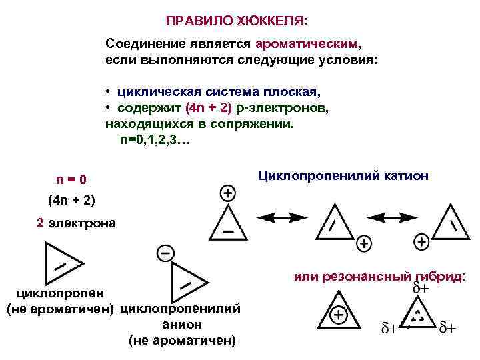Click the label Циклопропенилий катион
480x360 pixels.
point(343,176)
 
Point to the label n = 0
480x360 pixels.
point(71,180)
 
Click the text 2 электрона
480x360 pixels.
point(76,223)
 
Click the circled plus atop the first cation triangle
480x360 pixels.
point(227,193)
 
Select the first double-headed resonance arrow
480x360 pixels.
point(279,217)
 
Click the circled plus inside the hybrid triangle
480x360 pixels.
point(339,315)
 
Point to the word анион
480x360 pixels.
point(182,325)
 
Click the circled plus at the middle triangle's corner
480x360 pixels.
point(364,243)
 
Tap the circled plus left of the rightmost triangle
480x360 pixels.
point(421,241)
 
